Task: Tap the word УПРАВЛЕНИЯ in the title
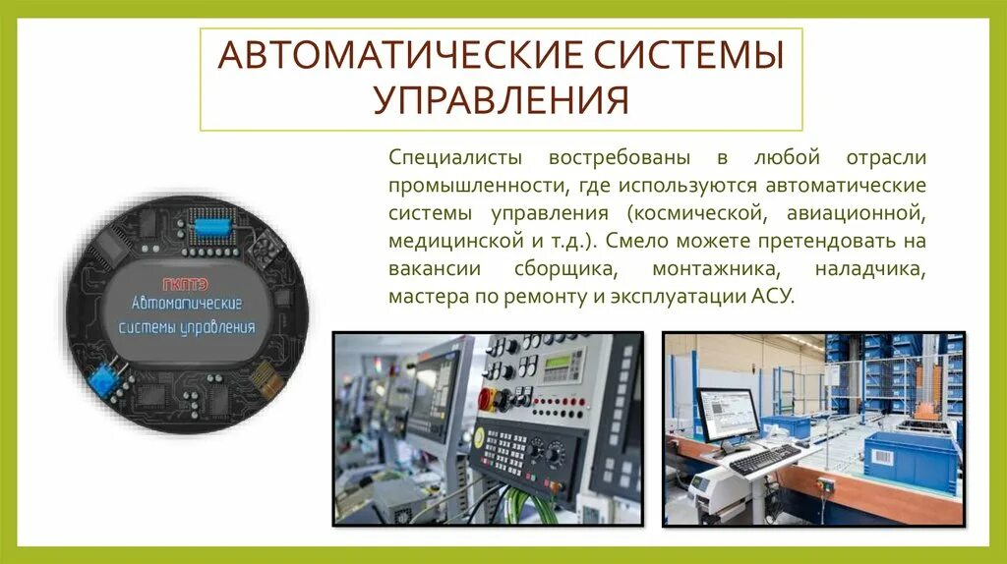click(501, 99)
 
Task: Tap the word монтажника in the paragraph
click(698, 268)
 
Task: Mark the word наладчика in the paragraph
click(869, 268)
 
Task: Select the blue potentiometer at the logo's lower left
click(101, 376)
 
